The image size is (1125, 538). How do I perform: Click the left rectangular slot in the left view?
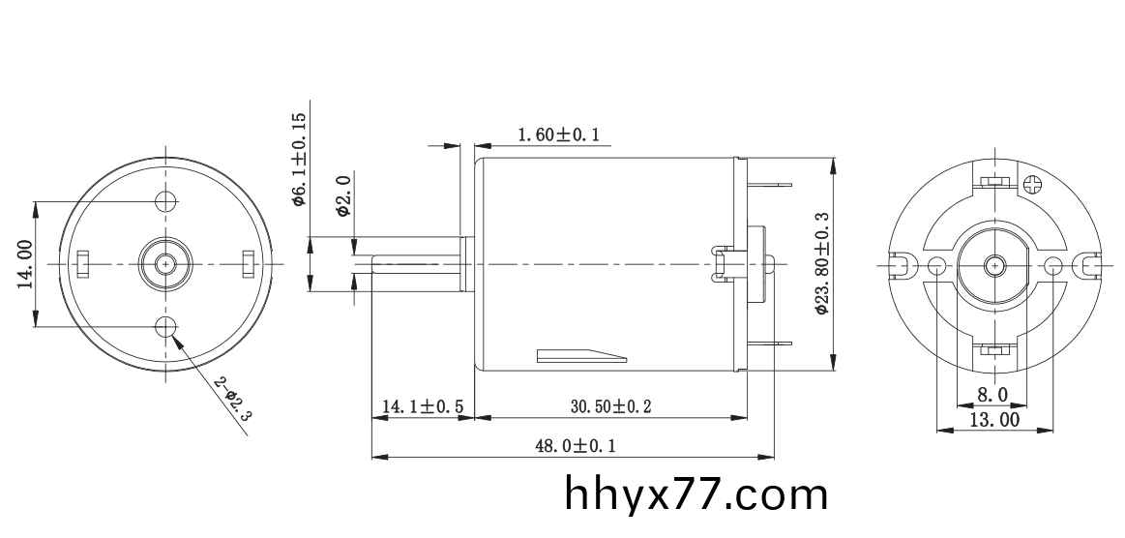83,262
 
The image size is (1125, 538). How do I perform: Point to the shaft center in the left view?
166,262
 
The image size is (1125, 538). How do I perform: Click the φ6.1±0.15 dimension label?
299,160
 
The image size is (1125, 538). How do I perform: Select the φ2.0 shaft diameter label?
342,195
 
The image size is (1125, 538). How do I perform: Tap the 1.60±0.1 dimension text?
558,134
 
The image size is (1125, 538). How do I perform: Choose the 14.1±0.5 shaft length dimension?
422,406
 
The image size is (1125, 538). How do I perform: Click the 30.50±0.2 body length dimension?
609,406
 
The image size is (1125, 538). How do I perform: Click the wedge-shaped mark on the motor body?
580,355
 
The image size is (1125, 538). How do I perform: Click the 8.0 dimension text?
992,394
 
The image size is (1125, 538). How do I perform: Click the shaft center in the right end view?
994,264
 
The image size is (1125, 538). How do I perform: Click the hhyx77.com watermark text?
696,495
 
